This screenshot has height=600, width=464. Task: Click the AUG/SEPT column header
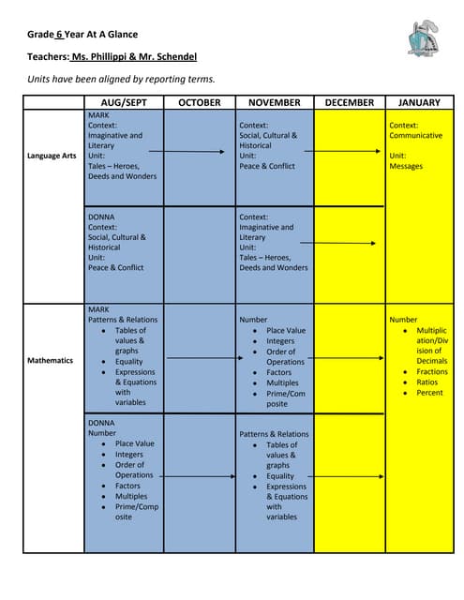click(x=124, y=102)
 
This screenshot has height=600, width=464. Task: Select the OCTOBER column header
click(x=200, y=102)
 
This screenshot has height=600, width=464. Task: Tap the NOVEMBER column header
click(x=275, y=102)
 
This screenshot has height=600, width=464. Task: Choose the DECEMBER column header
click(x=350, y=102)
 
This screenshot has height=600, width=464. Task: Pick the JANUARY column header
click(x=419, y=102)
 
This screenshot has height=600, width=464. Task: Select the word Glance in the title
click(x=121, y=34)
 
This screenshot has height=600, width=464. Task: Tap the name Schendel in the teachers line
click(x=172, y=56)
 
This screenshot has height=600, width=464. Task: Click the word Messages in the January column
click(x=406, y=166)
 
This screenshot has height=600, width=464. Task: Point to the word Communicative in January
click(x=415, y=135)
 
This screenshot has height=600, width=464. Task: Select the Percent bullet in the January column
click(x=430, y=393)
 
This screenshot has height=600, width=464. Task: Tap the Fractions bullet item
click(x=432, y=372)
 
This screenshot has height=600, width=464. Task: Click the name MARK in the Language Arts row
click(x=98, y=114)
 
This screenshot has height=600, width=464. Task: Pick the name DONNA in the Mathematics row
click(x=101, y=423)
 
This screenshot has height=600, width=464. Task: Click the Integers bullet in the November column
click(x=281, y=341)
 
